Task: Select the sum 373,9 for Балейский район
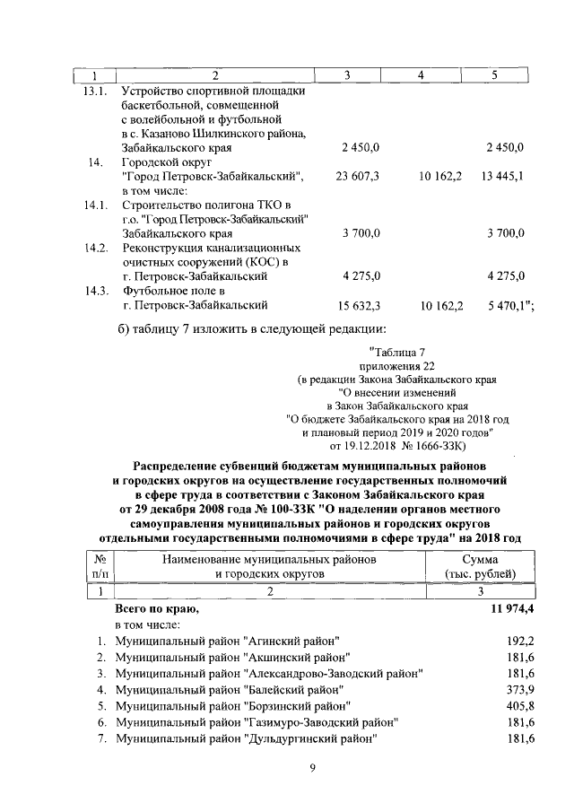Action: pos(520,690)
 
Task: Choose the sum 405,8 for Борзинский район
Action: pos(520,706)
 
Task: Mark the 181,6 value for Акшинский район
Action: pos(520,658)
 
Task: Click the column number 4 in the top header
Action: pos(420,74)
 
